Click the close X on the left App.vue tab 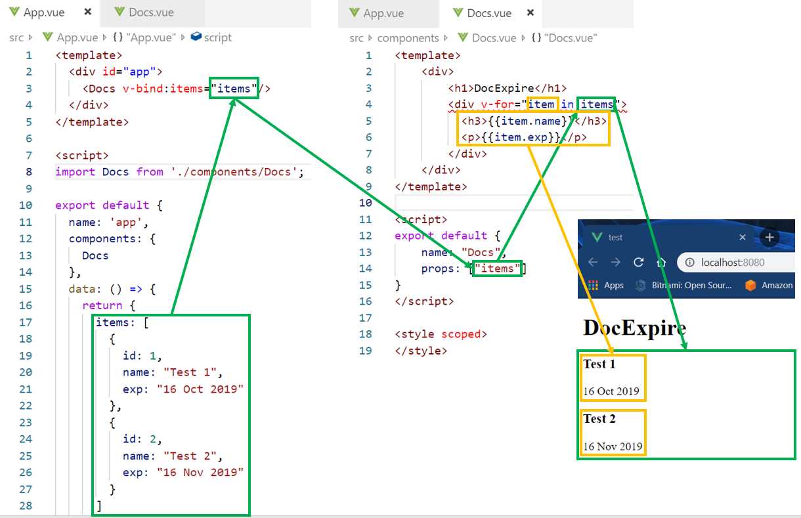[x=88, y=12]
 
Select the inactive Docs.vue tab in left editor [x=151, y=12]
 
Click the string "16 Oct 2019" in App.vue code [x=200, y=389]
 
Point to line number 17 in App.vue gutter [x=26, y=322]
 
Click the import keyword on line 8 [x=75, y=172]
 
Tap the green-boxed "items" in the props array [x=498, y=269]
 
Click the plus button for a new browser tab [x=770, y=238]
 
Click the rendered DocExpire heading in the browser [x=634, y=328]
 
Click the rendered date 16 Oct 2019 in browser [x=611, y=391]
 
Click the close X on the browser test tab [x=743, y=238]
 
